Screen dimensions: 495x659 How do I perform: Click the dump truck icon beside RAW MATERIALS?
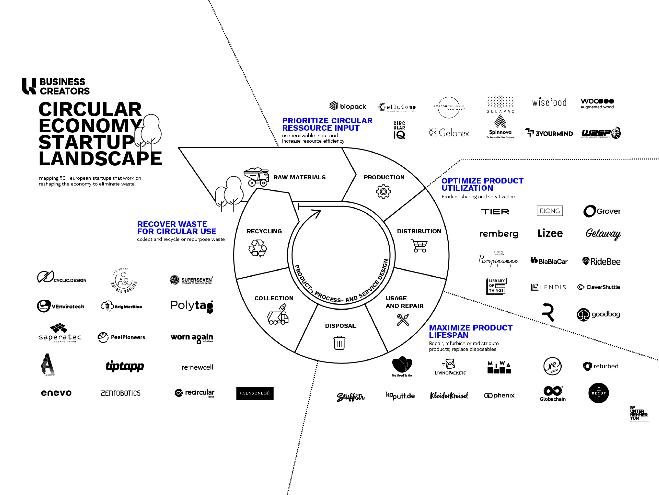(256, 177)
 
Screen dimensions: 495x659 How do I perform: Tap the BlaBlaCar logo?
(549, 261)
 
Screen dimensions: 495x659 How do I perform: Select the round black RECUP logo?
(599, 393)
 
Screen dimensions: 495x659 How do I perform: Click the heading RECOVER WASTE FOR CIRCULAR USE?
(177, 228)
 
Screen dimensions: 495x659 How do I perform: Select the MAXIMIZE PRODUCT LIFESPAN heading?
(470, 331)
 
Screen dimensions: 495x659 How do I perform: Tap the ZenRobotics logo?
(121, 393)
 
